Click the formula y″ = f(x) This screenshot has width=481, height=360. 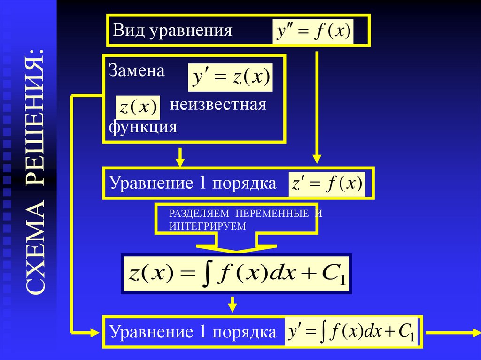(313, 32)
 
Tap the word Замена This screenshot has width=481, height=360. (137, 71)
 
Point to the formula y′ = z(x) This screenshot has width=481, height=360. (230, 77)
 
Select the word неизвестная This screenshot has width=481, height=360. (218, 104)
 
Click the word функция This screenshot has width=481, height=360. (143, 127)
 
